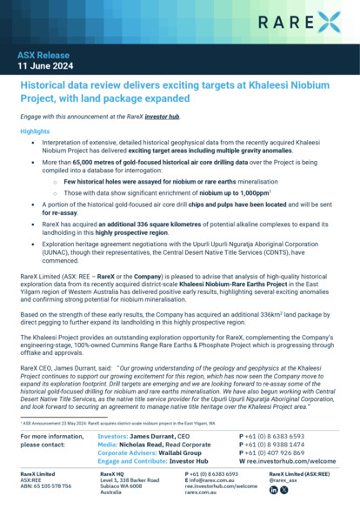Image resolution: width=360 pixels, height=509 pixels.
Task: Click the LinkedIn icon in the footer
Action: tap(275, 491)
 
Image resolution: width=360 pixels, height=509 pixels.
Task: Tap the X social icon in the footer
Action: tap(285, 491)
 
